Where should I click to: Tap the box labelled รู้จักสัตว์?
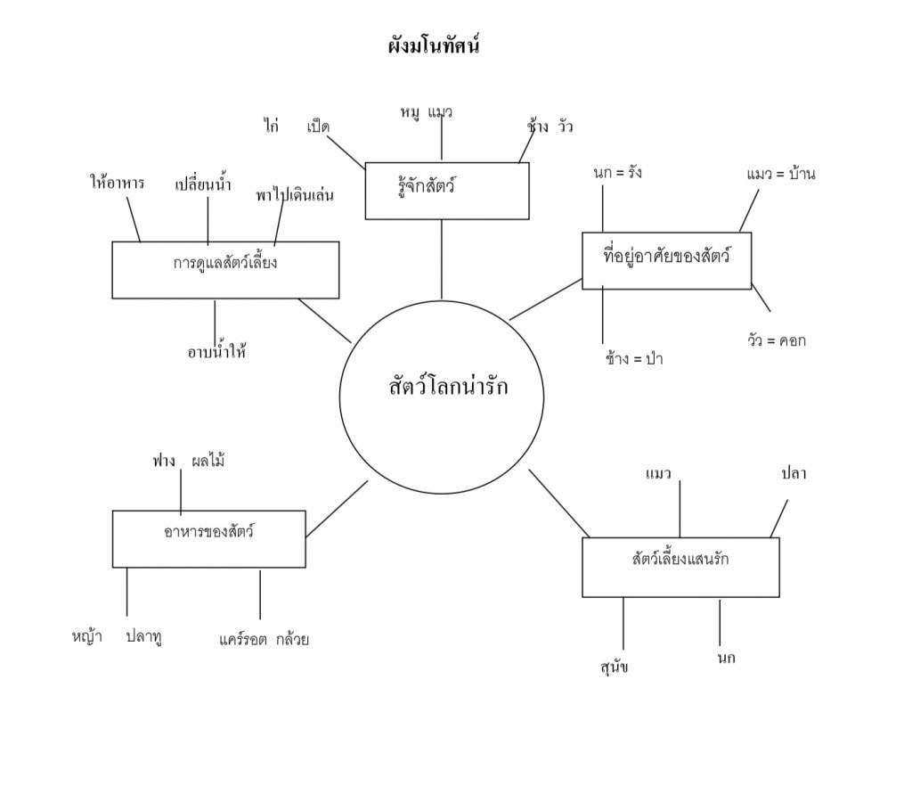tap(447, 190)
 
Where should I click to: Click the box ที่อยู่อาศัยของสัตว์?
tap(666, 260)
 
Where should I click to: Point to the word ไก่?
tap(272, 126)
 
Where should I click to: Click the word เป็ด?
tap(318, 127)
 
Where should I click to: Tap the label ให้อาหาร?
tap(117, 184)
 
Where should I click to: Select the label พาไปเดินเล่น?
tap(294, 194)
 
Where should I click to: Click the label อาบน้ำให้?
tap(216, 351)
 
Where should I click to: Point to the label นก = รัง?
tap(616, 173)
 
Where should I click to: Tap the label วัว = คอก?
tap(777, 340)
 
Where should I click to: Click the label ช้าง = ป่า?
tap(633, 359)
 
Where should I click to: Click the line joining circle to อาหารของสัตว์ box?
tap(337, 509)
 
